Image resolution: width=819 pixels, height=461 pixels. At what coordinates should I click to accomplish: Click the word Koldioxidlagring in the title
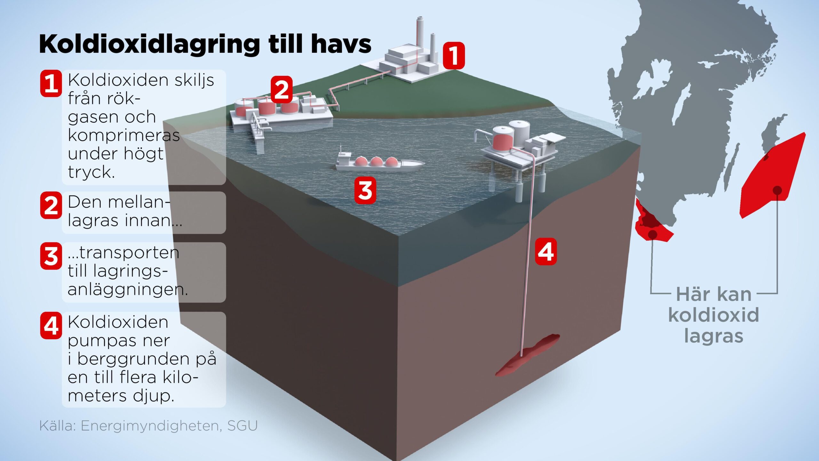click(149, 44)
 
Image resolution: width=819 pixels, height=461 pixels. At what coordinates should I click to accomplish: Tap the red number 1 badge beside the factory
click(454, 55)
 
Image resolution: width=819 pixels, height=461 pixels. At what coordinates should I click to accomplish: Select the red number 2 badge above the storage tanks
click(282, 90)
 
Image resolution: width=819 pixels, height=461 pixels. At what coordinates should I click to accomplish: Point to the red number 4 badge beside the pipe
click(546, 252)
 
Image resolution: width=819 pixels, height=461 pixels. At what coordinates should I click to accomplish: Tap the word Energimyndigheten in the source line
click(150, 426)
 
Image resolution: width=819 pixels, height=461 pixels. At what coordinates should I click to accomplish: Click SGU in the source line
click(243, 425)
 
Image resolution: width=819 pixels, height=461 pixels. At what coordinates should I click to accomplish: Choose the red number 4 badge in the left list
click(51, 326)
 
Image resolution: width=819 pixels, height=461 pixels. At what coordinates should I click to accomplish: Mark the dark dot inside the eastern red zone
click(777, 191)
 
